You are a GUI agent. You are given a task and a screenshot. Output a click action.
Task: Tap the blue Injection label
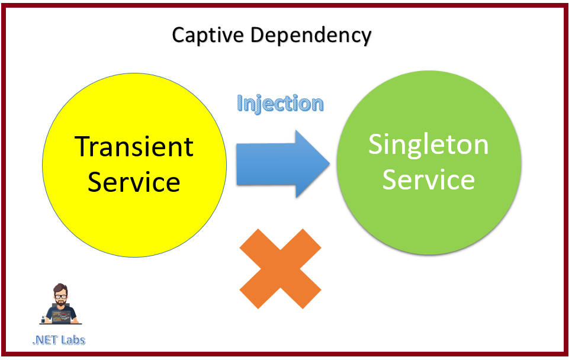(280, 104)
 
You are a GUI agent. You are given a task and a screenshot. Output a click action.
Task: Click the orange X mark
(280, 268)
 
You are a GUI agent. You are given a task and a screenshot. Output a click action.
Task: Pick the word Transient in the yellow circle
(134, 146)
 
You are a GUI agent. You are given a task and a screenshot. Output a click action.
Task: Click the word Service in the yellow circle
(134, 181)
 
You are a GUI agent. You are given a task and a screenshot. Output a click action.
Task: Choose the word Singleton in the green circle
(429, 144)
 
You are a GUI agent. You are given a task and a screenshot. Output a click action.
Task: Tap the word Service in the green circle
(429, 179)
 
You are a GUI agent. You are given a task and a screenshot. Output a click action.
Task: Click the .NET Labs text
(59, 340)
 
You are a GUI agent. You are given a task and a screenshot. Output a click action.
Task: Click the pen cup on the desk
(43, 319)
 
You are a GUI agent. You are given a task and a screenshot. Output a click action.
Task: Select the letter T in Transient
(82, 146)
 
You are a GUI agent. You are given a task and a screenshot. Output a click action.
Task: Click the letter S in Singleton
(377, 144)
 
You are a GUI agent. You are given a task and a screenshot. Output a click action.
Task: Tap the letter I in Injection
(240, 104)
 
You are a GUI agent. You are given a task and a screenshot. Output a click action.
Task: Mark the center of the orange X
(280, 268)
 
